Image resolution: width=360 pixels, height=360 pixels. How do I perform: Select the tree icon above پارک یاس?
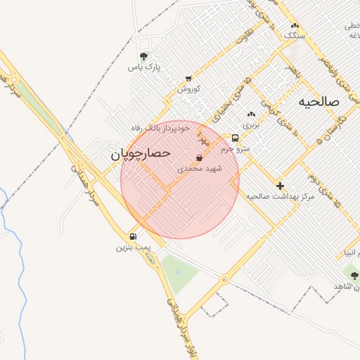coord(144,56)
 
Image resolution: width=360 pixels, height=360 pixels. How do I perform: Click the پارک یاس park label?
coord(144,67)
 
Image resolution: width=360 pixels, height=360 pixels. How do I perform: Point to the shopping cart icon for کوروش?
coord(188,78)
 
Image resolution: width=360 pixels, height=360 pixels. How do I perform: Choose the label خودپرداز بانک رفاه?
coord(160,128)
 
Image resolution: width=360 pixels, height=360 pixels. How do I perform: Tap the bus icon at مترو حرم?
coord(235,138)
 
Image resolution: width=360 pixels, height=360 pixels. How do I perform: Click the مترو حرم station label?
coord(235,149)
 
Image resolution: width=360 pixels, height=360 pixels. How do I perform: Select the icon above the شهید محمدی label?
coord(199,157)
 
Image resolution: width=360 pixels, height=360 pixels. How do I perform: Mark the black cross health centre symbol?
coord(281,186)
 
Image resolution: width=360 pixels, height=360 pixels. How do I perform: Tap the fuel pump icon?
coord(132,237)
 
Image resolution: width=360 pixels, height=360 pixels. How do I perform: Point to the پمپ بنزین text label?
coord(134,248)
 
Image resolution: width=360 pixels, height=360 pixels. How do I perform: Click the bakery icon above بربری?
coord(252,113)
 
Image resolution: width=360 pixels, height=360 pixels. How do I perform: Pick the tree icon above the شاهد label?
coord(354,275)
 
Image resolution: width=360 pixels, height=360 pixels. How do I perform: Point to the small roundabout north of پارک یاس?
coord(137,37)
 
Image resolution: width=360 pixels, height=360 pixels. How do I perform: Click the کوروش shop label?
coord(188,89)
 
